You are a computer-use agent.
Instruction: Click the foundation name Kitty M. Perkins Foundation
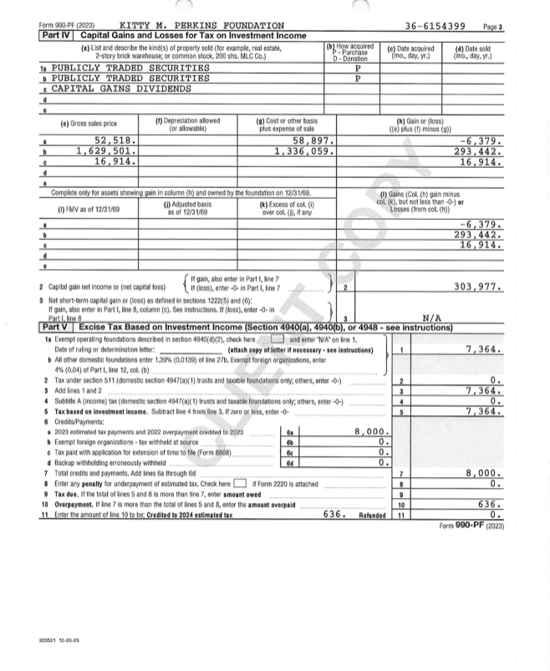(201, 26)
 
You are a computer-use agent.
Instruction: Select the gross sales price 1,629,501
(105, 151)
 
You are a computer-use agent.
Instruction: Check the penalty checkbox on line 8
(240, 484)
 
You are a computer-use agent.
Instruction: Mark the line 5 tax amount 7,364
(482, 411)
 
